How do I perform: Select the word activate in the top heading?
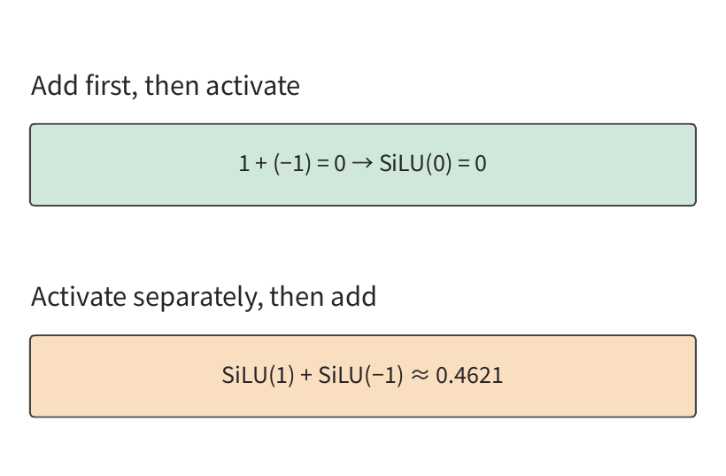[253, 86]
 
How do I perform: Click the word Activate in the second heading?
[78, 297]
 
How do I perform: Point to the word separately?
[198, 298]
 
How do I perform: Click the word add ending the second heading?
[353, 297]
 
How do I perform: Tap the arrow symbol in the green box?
[362, 163]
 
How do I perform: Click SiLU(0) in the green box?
[415, 164]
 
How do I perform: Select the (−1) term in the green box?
[292, 164]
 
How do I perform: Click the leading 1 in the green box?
[244, 164]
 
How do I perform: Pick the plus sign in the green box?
[261, 164]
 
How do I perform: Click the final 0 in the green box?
[481, 164]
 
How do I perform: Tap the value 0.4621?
[469, 375]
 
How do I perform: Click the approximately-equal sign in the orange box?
[420, 375]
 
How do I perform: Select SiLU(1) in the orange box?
[258, 375]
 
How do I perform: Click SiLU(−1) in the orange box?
[360, 375]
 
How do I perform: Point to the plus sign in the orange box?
[306, 375]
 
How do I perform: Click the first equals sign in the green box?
[323, 164]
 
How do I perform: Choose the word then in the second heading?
[297, 297]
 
